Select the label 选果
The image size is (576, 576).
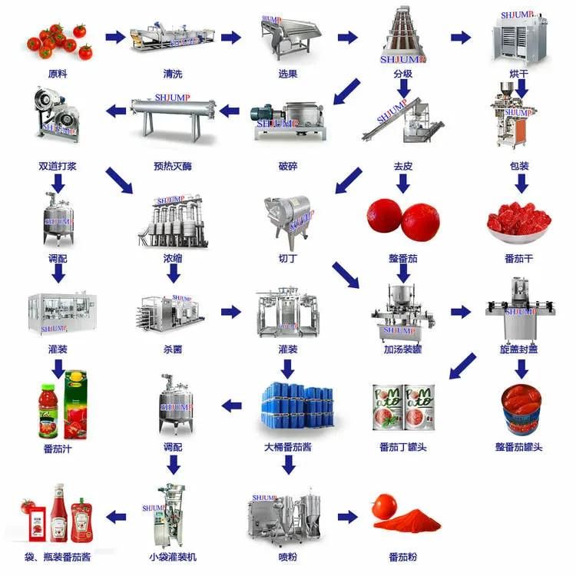click(288, 74)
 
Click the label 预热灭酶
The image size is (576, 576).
click(172, 165)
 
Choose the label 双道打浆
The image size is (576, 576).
click(57, 165)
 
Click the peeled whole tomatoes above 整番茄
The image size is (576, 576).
click(401, 217)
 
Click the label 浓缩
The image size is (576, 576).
click(172, 259)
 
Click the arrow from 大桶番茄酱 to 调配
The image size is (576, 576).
click(231, 405)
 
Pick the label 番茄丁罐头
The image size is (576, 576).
click(403, 446)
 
